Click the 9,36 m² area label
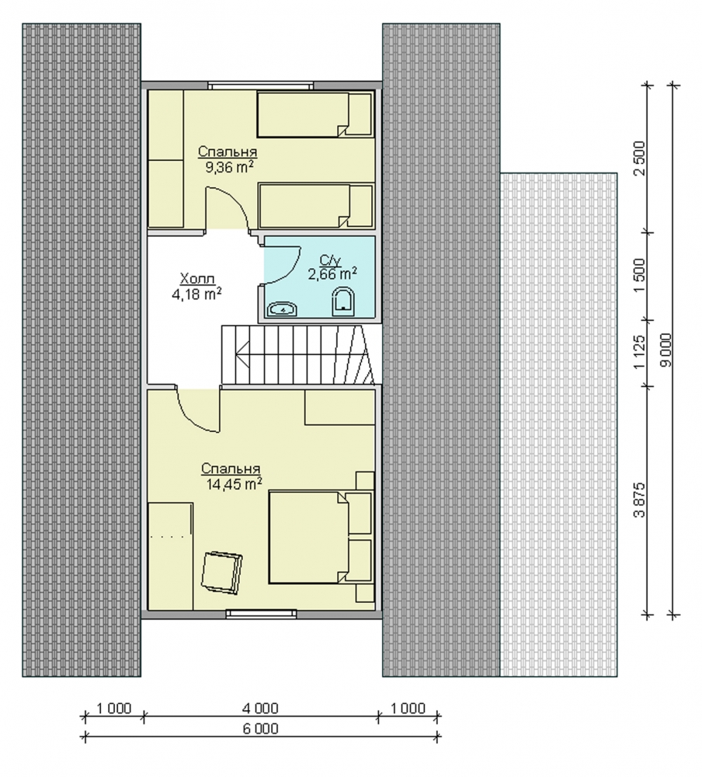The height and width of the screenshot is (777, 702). (x=229, y=167)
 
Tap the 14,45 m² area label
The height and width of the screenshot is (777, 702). (x=234, y=484)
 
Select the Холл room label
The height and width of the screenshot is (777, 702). (x=197, y=278)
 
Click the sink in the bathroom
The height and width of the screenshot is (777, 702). (x=283, y=310)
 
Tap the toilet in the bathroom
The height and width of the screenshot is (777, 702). (x=342, y=301)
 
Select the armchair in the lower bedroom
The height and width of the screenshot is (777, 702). (x=221, y=572)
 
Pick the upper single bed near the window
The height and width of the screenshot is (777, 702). (x=315, y=114)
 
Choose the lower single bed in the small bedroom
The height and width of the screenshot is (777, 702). (x=316, y=206)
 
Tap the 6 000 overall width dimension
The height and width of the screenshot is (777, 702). (x=261, y=728)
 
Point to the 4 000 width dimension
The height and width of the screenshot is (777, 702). (x=261, y=709)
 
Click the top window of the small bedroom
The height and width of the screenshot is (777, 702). (x=261, y=85)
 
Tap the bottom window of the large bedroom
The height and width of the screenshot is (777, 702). (x=262, y=614)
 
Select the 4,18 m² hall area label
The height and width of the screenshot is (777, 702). (x=196, y=294)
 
